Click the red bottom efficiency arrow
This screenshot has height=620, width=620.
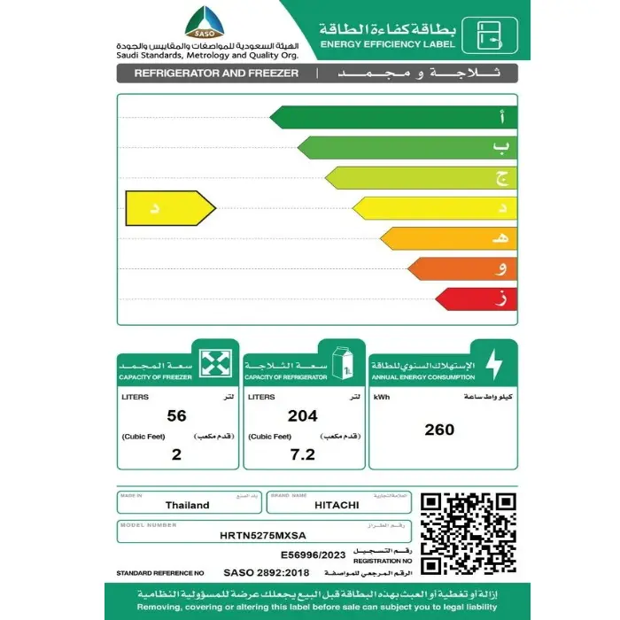474,300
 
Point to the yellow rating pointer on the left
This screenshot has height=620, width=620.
168,209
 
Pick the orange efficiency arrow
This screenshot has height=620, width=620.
461,269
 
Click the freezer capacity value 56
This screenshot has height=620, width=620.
176,415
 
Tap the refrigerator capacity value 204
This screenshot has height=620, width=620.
303,415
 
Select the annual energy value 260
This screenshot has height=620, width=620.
439,430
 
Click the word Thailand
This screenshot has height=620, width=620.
188,505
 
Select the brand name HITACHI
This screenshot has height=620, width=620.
337,505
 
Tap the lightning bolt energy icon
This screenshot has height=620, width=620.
493,363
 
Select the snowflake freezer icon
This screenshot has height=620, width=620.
216,363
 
